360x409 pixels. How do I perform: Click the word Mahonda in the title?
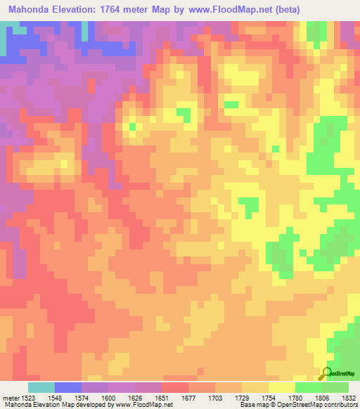tap(31, 10)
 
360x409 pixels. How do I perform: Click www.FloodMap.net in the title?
tap(226, 10)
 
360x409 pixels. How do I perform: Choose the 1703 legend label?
tap(217, 396)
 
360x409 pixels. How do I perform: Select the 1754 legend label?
tap(269, 396)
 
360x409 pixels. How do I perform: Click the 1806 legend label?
tap(322, 396)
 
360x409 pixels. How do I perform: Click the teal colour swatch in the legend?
tap(41, 387)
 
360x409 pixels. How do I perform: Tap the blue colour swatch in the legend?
tap(68, 387)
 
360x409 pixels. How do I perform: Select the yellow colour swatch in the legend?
tap(282, 387)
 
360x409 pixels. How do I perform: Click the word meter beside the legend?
tap(11, 396)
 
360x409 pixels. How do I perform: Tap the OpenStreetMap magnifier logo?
tap(327, 373)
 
